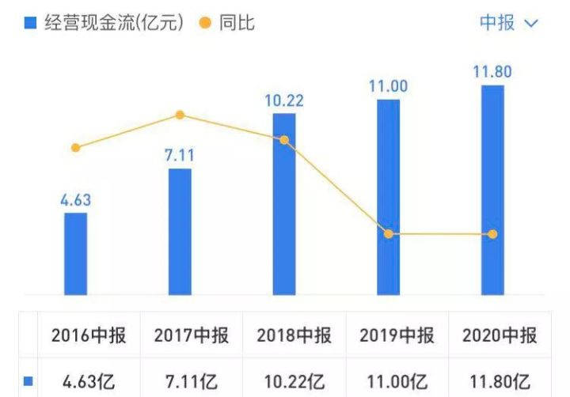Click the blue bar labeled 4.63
click(76, 253)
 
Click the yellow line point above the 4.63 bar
click(76, 148)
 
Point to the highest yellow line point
click(180, 115)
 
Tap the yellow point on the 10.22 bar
click(284, 140)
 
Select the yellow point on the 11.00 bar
click(388, 234)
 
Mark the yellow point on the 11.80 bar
click(492, 234)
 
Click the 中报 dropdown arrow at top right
click(531, 24)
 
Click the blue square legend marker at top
click(31, 24)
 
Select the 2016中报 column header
click(89, 335)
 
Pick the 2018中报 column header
click(294, 335)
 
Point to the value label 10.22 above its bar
click(284, 101)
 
